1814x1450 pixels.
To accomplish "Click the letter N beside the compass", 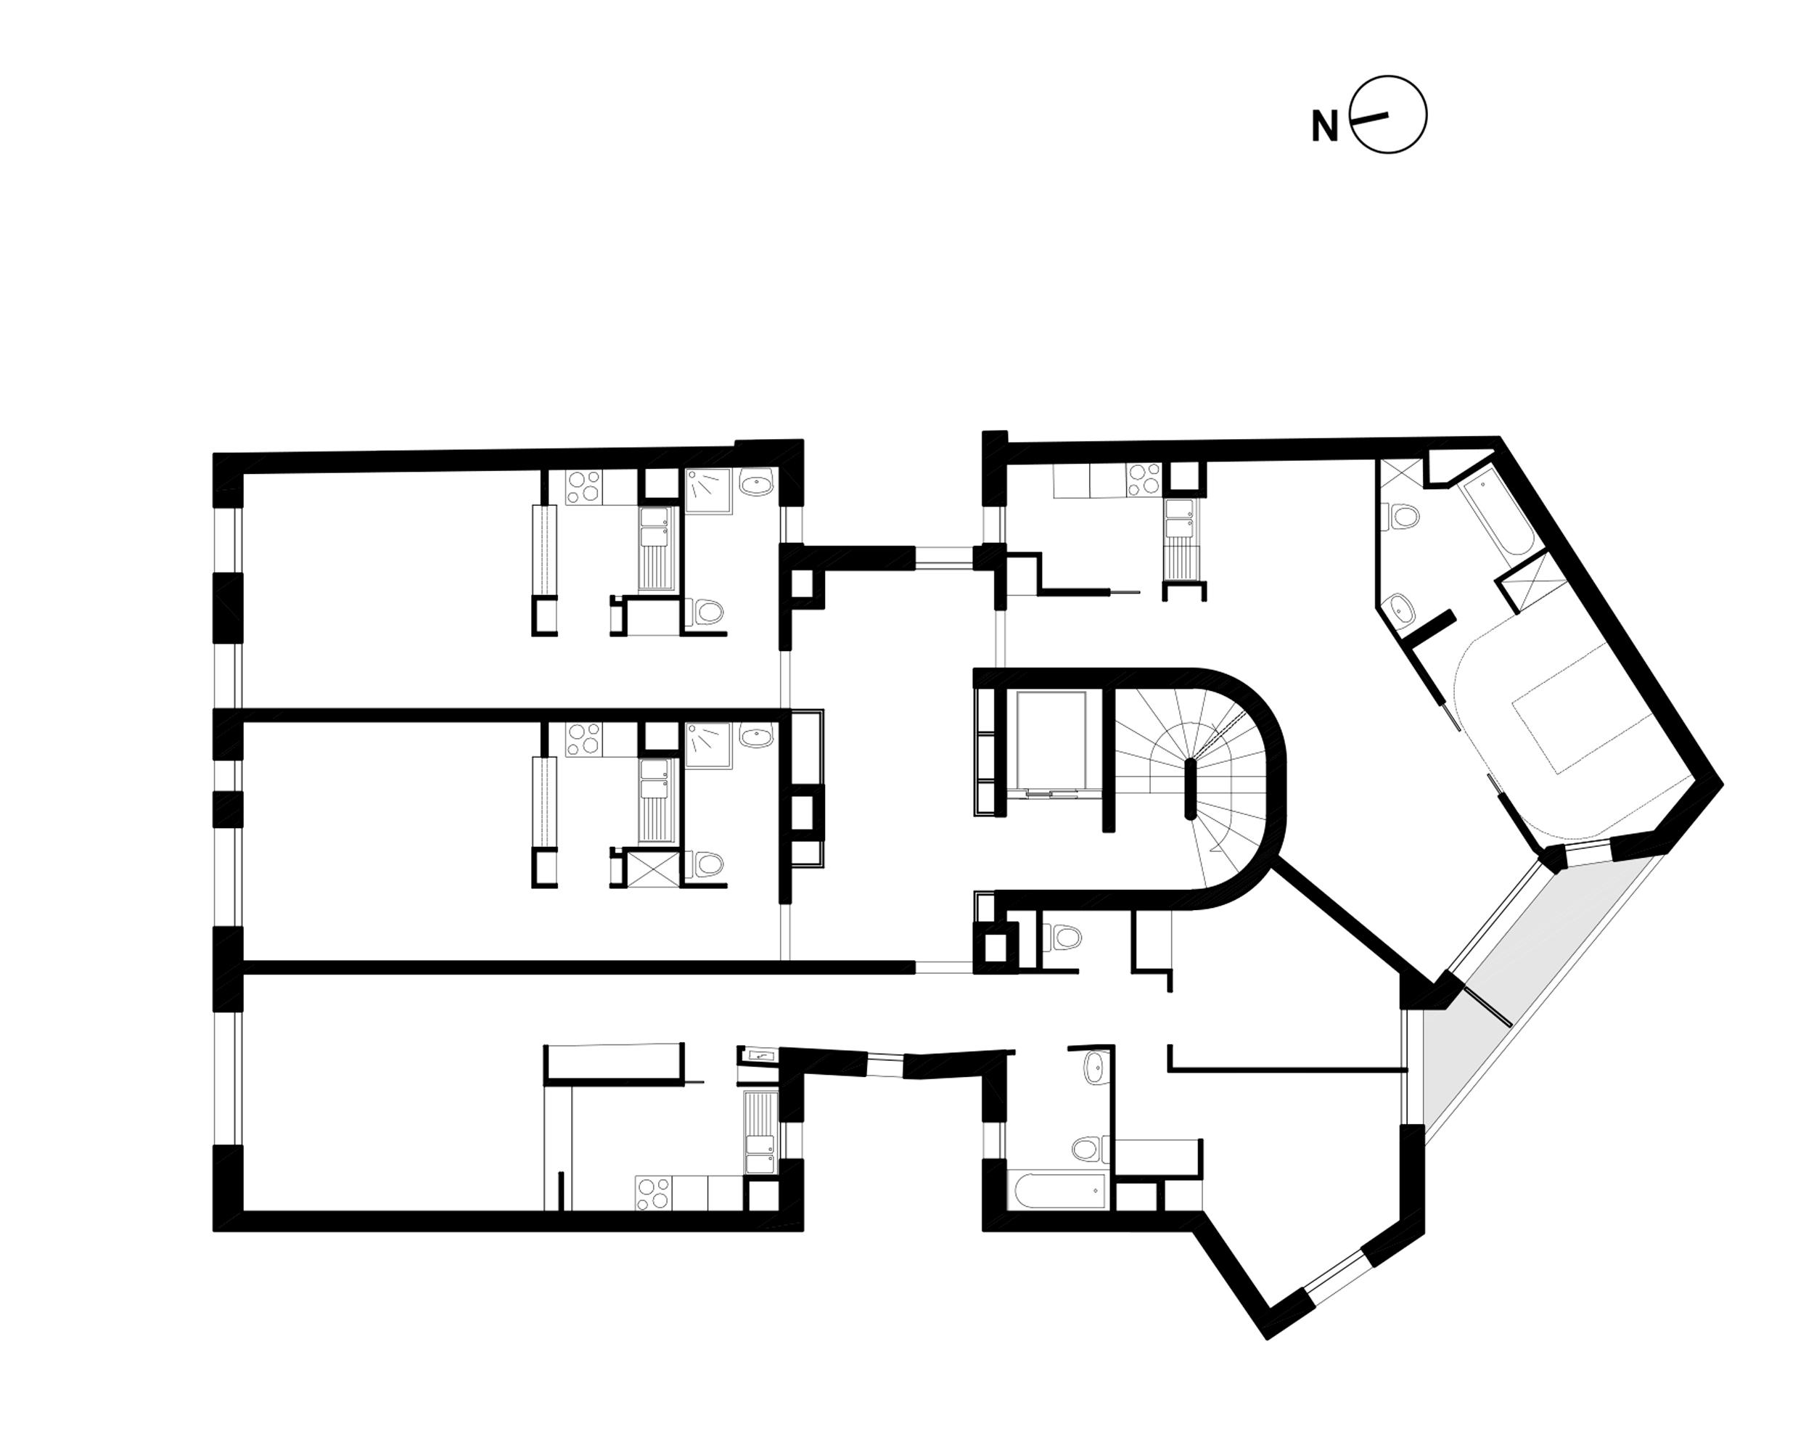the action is (x=1324, y=127).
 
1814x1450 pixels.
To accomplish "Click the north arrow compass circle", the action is (x=1389, y=115).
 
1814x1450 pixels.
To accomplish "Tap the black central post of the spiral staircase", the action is (x=1190, y=787).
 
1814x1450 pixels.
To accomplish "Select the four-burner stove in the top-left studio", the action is (x=584, y=486).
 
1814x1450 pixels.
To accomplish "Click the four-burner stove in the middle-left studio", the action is (x=584, y=739).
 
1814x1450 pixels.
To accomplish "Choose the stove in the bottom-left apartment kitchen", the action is (x=654, y=1193).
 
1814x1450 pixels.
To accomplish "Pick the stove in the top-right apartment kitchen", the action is (x=1144, y=480).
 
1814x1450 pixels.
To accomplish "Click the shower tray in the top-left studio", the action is (x=708, y=491).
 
